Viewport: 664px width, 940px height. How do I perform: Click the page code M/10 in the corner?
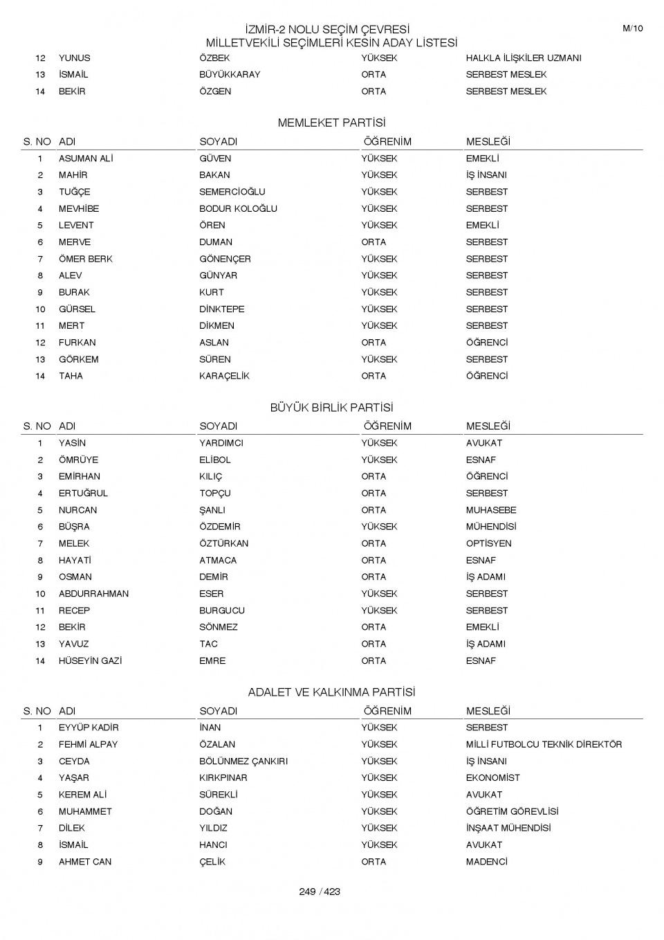coord(632,28)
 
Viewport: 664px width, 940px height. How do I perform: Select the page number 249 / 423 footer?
coord(320,892)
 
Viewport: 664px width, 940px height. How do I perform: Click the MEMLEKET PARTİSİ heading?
coord(331,123)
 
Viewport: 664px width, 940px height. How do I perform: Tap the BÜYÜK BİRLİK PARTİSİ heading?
coord(331,408)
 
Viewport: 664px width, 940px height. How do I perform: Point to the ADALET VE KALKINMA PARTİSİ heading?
coord(331,692)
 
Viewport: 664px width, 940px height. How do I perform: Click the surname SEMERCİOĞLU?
coord(232,192)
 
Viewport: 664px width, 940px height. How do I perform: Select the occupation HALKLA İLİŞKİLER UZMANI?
coord(523,58)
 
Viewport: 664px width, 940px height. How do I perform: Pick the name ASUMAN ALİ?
coord(86,159)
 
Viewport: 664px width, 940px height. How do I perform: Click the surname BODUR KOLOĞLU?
coord(238,208)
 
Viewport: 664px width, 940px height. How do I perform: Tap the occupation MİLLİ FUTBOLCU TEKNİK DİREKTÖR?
coord(544,744)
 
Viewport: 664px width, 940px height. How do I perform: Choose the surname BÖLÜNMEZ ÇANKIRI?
coord(243,761)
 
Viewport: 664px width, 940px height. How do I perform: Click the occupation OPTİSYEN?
coord(488,543)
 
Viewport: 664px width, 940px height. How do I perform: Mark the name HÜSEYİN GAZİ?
coord(90,661)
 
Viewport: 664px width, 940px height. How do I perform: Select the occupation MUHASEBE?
coord(490,510)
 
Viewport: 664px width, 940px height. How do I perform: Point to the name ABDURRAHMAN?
coord(93,594)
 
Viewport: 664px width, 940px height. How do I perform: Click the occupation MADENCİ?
coord(486,862)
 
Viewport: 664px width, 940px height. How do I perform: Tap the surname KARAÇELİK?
coord(224,376)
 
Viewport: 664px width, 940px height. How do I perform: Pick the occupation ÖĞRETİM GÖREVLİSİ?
coord(512,811)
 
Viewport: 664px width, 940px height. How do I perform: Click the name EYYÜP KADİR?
coord(89,727)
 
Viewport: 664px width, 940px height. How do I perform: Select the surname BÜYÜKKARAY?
coord(230,75)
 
